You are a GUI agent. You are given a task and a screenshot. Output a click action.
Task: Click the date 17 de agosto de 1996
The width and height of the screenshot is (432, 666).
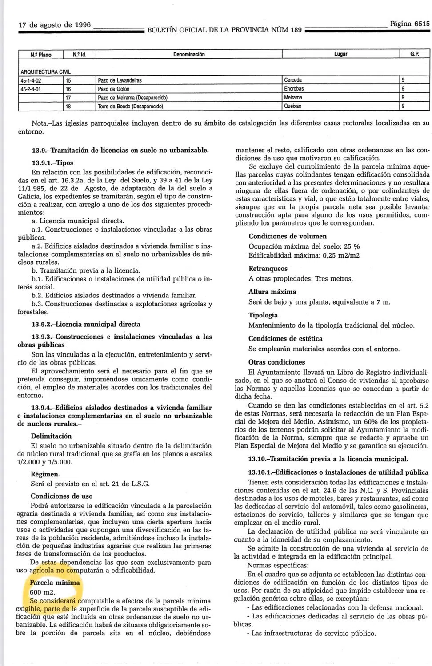coord(54,25)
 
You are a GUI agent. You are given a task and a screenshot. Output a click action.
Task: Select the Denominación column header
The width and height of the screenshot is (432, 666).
coord(189,54)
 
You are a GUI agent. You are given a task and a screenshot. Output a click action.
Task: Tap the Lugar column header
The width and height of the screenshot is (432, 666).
coord(340,54)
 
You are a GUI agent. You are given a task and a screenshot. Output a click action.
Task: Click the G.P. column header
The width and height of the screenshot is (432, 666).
coord(415,54)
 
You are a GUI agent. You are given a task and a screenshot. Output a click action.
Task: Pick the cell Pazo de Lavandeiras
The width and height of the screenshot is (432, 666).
coord(120,80)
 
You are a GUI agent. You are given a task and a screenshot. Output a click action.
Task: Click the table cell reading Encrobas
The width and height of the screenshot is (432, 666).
coord(294,89)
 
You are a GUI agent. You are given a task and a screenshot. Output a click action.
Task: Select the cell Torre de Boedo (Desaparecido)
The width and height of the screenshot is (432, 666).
coord(130,107)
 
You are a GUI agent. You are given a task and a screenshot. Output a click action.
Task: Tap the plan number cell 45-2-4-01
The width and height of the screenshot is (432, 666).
coord(31,89)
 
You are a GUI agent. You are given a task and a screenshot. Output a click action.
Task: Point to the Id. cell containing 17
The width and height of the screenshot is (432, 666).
coord(68,98)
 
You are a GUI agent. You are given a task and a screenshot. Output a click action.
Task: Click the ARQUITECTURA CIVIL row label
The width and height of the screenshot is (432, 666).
coord(45,71)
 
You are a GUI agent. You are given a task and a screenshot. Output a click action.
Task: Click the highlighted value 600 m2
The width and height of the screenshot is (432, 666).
coord(42,592)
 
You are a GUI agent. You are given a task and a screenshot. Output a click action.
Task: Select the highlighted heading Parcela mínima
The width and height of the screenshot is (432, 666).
coord(55,582)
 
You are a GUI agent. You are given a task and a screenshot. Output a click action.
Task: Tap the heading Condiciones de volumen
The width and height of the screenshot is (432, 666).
coord(288,236)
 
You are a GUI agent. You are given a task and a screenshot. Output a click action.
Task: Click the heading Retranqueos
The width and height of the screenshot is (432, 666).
coord(268,269)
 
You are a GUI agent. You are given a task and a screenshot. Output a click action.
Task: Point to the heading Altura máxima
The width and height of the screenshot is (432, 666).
coord(272,292)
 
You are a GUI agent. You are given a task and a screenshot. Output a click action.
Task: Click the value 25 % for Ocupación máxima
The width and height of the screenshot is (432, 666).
coord(351,246)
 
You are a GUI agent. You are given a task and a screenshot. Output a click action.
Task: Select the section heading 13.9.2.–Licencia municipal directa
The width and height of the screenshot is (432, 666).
coord(86,324)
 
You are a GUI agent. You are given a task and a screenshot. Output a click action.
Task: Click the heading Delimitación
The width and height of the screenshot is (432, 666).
coord(51,436)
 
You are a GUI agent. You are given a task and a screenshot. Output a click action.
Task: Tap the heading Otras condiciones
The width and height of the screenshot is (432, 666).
coord(276,362)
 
